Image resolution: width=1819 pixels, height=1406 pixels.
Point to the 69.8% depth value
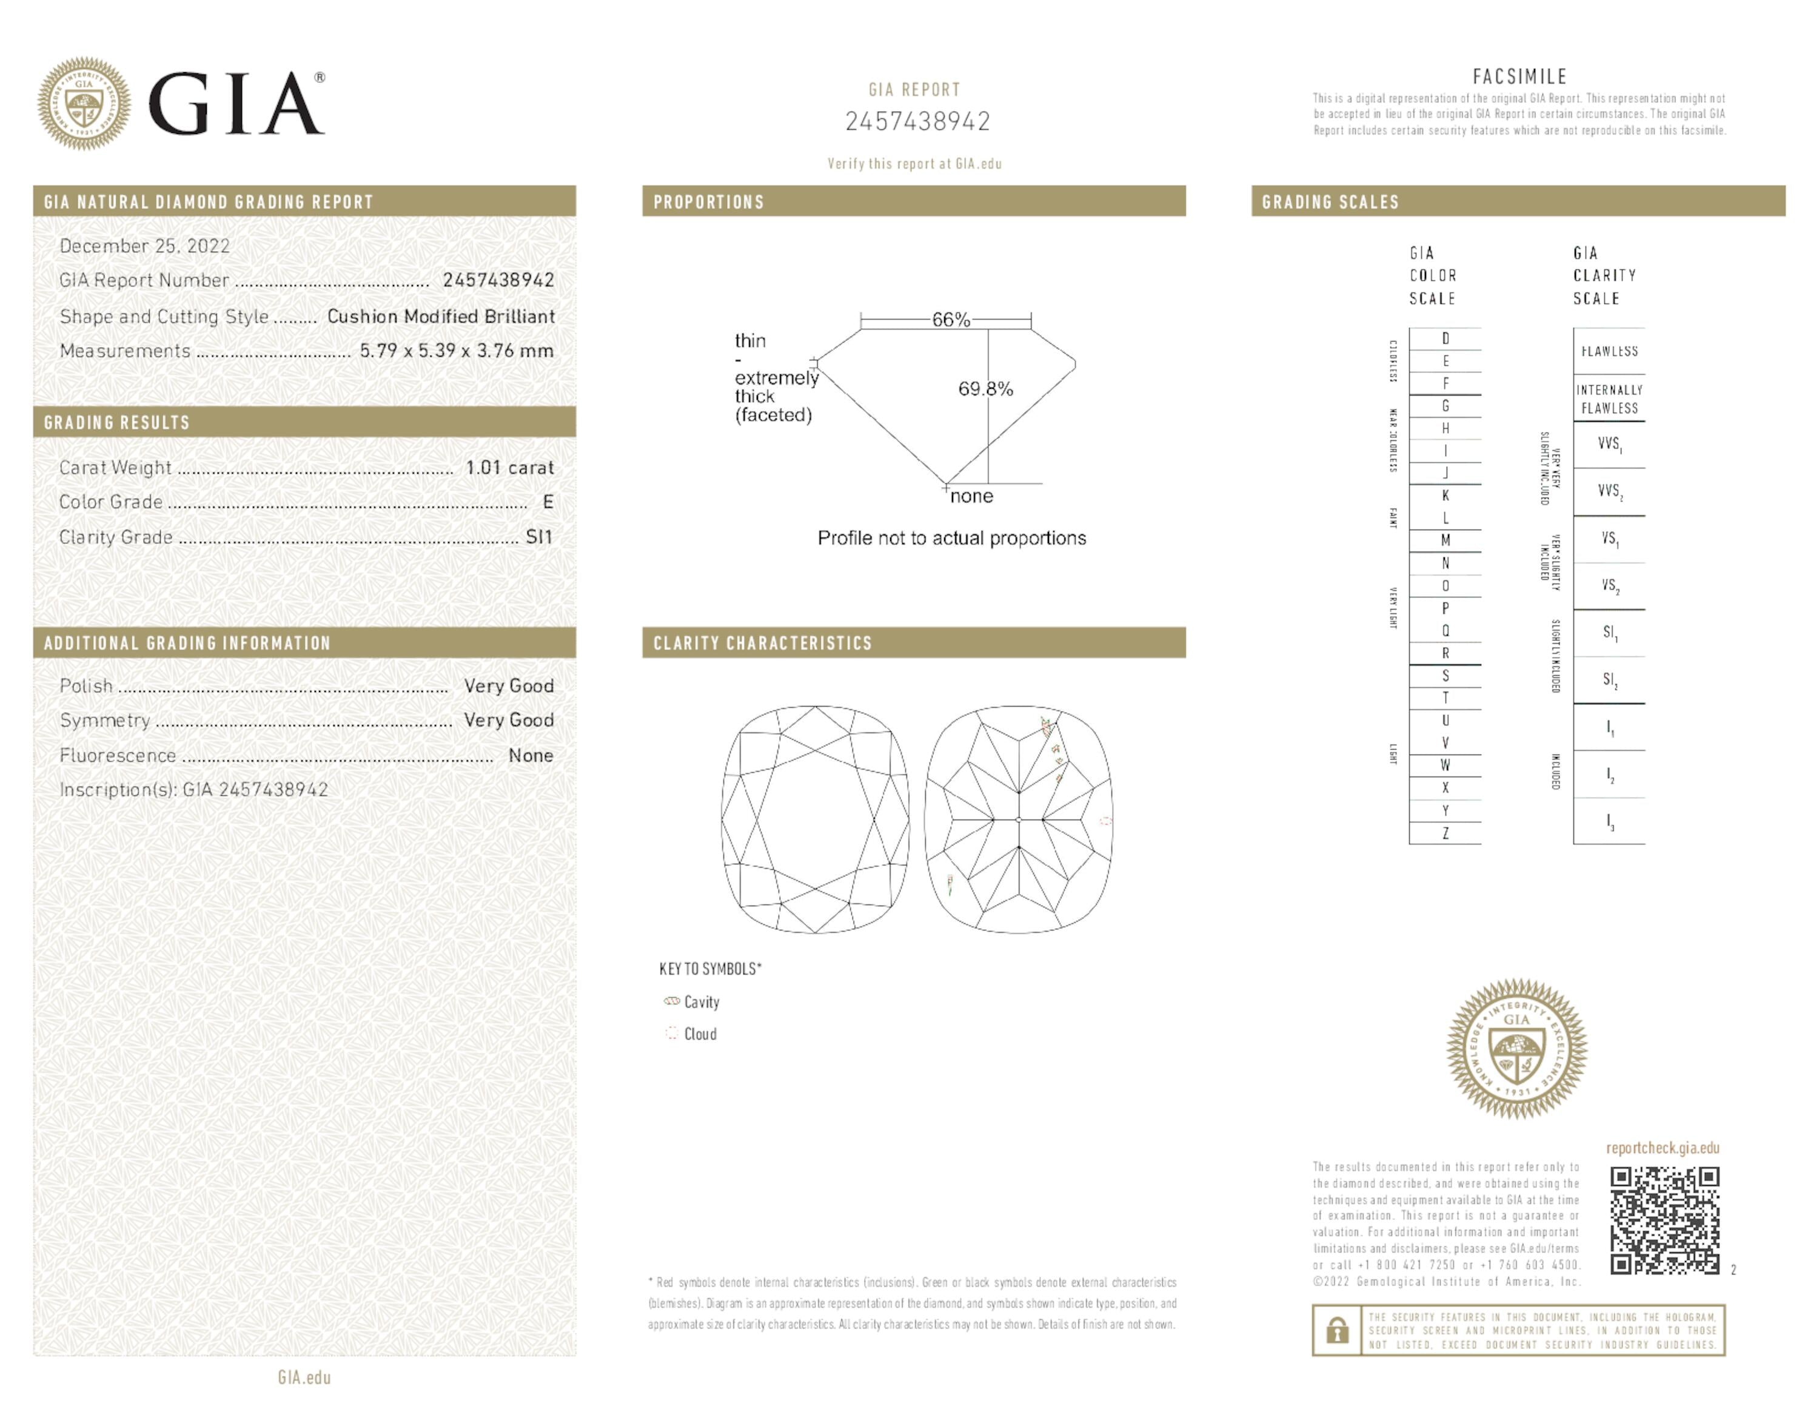[x=985, y=389]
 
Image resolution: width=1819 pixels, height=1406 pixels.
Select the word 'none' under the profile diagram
[x=971, y=496]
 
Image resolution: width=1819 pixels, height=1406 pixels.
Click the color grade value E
[x=547, y=502]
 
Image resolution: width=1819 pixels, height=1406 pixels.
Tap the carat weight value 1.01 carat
[x=509, y=467]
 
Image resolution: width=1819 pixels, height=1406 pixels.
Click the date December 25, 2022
[x=145, y=246]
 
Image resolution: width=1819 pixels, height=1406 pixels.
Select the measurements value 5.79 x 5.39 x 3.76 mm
[x=457, y=351]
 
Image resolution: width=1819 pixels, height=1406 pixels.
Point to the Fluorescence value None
[x=531, y=756]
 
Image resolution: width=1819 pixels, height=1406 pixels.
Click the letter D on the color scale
[x=1445, y=338]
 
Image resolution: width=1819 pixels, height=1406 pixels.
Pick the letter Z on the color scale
[x=1445, y=833]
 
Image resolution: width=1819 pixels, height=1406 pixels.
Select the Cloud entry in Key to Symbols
[x=700, y=1034]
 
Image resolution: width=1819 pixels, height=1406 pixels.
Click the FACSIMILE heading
[x=1519, y=76]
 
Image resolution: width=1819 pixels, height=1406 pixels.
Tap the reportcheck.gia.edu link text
[x=1663, y=1148]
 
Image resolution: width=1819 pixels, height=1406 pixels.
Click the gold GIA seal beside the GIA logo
[x=83, y=103]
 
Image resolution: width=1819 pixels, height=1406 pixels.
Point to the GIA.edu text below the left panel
[x=304, y=1377]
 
